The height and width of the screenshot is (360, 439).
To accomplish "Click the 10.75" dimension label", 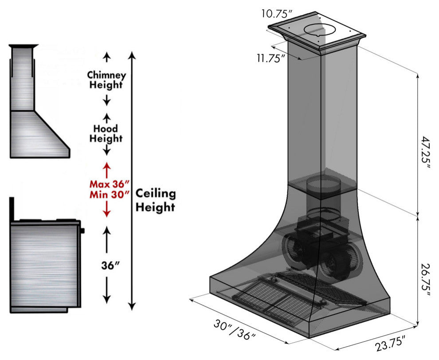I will pyautogui.click(x=277, y=13).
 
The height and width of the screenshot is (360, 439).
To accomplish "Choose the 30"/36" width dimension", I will pyautogui.click(x=235, y=329).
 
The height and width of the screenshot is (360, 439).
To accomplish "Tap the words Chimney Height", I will pyautogui.click(x=106, y=80).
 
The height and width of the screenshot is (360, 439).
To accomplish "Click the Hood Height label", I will pyautogui.click(x=106, y=133).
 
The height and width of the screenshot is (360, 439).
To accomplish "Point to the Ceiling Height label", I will pyautogui.click(x=155, y=200).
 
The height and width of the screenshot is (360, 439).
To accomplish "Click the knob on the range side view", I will pyautogui.click(x=83, y=231).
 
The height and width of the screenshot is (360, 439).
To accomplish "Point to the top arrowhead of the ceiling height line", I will pyautogui.click(x=131, y=54).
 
